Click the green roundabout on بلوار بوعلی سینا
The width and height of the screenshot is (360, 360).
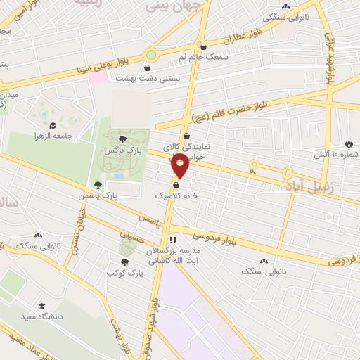coord(151,54)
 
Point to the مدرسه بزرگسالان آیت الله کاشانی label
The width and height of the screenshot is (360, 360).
coord(173,255)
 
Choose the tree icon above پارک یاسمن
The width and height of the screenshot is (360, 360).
coord(97,186)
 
